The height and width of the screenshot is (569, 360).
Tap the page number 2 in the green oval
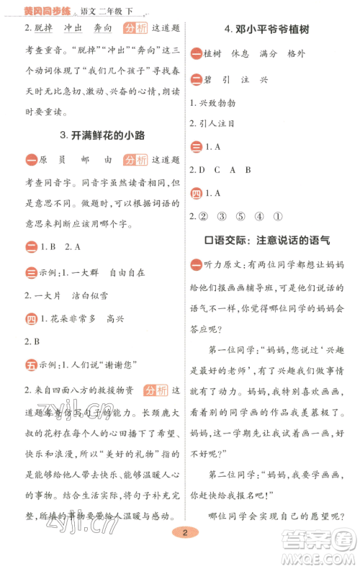pyautogui.click(x=185, y=552)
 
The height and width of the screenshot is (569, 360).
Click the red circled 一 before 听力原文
pyautogui.click(x=196, y=265)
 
